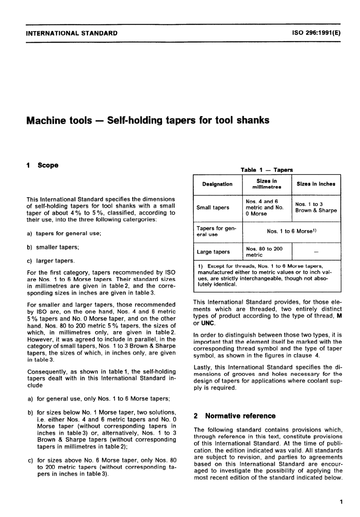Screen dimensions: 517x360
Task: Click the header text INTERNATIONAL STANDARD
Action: [x=72, y=33]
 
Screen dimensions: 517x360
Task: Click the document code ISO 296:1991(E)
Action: [x=316, y=33]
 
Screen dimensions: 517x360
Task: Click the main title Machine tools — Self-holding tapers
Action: [x=148, y=121]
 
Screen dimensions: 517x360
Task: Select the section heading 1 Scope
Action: [x=42, y=165]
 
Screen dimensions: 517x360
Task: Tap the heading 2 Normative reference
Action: [x=235, y=416]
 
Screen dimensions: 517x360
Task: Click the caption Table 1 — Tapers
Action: [x=267, y=170]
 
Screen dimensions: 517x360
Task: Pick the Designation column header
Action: [x=217, y=184]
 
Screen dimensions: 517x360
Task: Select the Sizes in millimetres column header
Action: [x=267, y=184]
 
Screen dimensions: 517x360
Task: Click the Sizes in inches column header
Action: [x=316, y=184]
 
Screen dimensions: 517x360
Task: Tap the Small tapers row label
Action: [x=213, y=208]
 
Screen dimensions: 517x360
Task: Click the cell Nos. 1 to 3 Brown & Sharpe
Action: [x=316, y=207]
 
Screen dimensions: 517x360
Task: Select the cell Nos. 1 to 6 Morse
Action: [x=291, y=231]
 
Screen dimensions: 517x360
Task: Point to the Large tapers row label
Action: [x=213, y=252]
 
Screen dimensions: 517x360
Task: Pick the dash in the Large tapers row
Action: [x=316, y=252]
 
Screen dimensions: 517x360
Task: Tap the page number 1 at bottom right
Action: [x=341, y=503]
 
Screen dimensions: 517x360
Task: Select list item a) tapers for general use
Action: [x=64, y=234]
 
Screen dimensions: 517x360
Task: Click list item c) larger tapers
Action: [x=51, y=261]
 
